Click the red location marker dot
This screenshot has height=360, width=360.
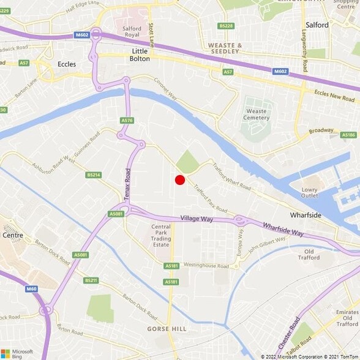(180, 179)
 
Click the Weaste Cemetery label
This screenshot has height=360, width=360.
(256, 114)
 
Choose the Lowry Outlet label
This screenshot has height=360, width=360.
(310, 193)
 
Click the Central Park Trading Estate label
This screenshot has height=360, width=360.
(160, 236)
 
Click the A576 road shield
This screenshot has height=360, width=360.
(127, 121)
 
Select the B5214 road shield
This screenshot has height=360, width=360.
(93, 174)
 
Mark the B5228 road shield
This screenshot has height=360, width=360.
(226, 26)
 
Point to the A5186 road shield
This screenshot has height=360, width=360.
(348, 135)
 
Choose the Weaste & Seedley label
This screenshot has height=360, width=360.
(225, 49)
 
